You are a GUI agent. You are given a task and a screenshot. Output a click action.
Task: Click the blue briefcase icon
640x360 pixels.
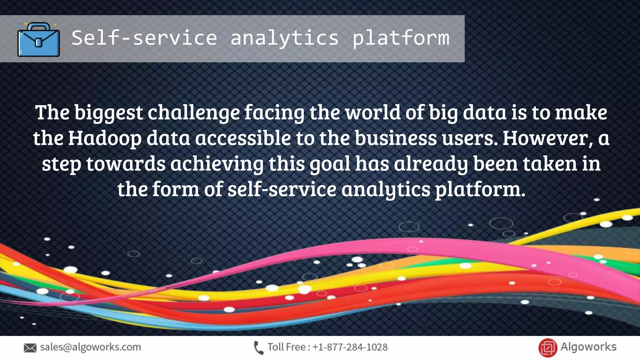pos(38,40)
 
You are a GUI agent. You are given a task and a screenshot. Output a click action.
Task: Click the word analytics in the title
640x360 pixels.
pos(284,38)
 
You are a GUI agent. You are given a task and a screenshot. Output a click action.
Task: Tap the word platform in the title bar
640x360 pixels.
pos(401,38)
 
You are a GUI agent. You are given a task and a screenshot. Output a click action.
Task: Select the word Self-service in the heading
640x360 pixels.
pos(144,38)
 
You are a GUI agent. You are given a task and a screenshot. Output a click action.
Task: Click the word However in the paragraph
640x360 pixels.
pos(545,138)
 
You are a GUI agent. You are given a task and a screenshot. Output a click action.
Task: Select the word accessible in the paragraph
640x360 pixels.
pos(243,138)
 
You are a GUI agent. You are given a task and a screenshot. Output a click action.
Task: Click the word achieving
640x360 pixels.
pos(217,164)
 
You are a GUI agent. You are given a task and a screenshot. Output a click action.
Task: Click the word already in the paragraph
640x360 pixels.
pos(431,164)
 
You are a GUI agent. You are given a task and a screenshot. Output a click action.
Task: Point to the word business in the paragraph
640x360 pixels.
pos(395,138)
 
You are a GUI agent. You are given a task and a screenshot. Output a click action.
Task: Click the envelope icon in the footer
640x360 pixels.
pos(30,348)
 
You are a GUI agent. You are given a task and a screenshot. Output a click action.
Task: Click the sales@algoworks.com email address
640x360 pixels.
pos(91,347)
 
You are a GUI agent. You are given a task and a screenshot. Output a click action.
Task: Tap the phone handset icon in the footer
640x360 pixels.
pos(258,348)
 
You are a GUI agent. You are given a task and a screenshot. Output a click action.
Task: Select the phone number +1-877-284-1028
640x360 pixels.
pos(350,347)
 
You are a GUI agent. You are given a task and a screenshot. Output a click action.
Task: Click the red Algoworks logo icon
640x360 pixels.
pos(547,348)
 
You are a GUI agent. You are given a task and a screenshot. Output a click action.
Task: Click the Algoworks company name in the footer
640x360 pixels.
pos(588,347)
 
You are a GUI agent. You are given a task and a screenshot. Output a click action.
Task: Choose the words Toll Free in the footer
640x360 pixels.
pos(286,347)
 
